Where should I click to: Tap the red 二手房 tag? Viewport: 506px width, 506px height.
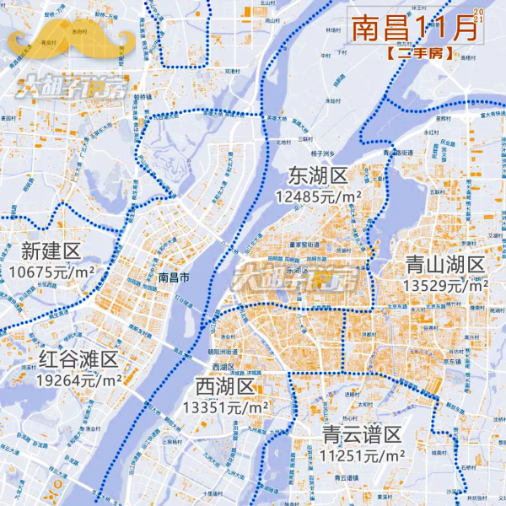tap(418, 52)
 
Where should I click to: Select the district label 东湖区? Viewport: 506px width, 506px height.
tap(317, 176)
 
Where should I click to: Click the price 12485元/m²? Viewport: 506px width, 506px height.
tap(318, 196)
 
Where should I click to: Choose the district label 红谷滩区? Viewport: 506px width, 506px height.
tap(78, 360)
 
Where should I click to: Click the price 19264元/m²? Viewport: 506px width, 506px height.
tap(78, 380)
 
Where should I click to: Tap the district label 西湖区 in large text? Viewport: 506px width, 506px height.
tap(224, 387)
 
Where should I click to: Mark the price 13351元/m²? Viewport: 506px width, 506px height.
tap(225, 407)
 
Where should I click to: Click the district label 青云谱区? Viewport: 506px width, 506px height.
tap(361, 436)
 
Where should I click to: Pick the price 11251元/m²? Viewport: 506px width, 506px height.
tap(362, 456)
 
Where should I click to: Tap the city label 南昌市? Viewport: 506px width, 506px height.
tap(174, 277)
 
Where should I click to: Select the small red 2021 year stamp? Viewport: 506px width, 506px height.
tap(479, 14)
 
